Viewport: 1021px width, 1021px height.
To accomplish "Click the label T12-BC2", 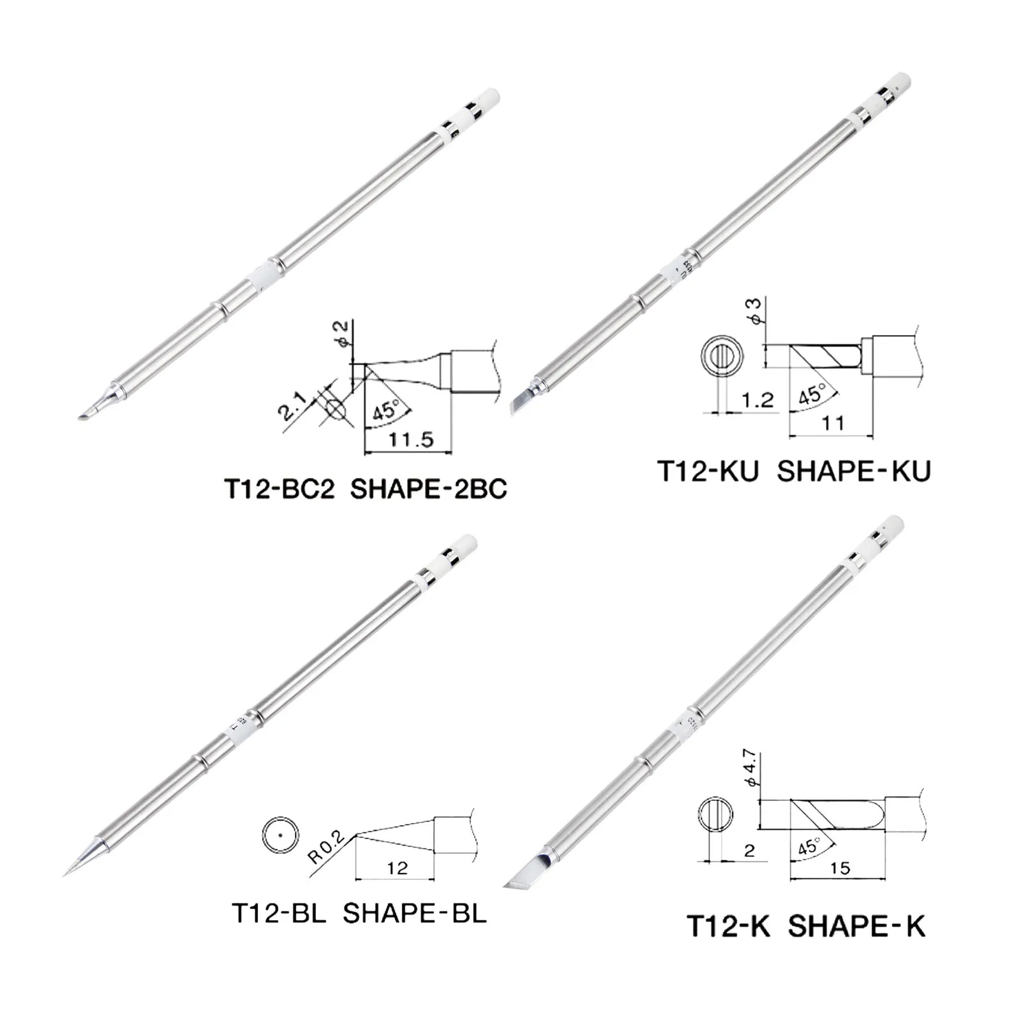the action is coord(279,489).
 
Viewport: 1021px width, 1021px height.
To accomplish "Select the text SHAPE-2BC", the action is coord(429,489).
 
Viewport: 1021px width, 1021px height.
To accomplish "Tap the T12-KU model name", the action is coord(708,471).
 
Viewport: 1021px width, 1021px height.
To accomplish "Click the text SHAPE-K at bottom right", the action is coord(856,926).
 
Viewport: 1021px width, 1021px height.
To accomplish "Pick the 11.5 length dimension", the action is coord(411,440).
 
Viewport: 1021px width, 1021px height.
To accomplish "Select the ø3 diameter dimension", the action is coord(754,311).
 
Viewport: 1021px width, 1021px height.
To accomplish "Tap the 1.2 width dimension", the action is coord(757,401).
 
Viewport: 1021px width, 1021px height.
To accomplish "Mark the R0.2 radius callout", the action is coord(325,846).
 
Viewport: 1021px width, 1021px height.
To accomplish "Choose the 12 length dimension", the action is coord(397,868).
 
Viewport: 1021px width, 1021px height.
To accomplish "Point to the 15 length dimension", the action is coord(840,868).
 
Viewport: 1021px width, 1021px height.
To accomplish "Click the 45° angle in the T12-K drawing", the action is coord(809,847).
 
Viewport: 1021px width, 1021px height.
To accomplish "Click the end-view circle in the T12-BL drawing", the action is coord(280,834).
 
